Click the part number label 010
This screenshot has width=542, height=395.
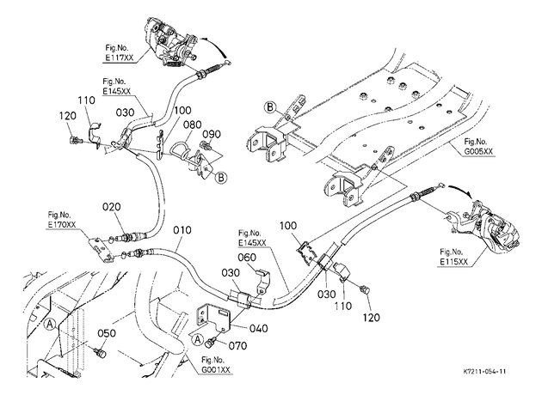tap(182, 230)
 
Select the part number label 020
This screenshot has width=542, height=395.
tap(112, 207)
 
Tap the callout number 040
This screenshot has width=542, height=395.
tap(259, 328)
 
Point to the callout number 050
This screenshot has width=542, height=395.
tap(106, 333)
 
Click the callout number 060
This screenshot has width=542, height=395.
tap(247, 258)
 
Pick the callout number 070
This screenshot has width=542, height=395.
tap(237, 345)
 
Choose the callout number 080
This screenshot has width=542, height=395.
tap(193, 125)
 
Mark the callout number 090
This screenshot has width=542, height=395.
tap(212, 134)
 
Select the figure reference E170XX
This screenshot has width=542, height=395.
tap(62, 225)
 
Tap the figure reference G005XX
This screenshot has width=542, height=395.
tap(478, 151)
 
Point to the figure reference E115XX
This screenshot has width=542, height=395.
tap(454, 262)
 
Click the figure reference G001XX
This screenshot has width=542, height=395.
tap(216, 370)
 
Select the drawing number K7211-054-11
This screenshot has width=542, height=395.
tap(484, 372)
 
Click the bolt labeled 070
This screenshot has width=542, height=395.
tap(210, 343)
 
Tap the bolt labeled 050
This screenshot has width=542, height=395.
tap(101, 353)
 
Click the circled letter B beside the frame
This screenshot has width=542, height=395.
tap(269, 107)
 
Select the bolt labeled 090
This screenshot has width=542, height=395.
tap(206, 146)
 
